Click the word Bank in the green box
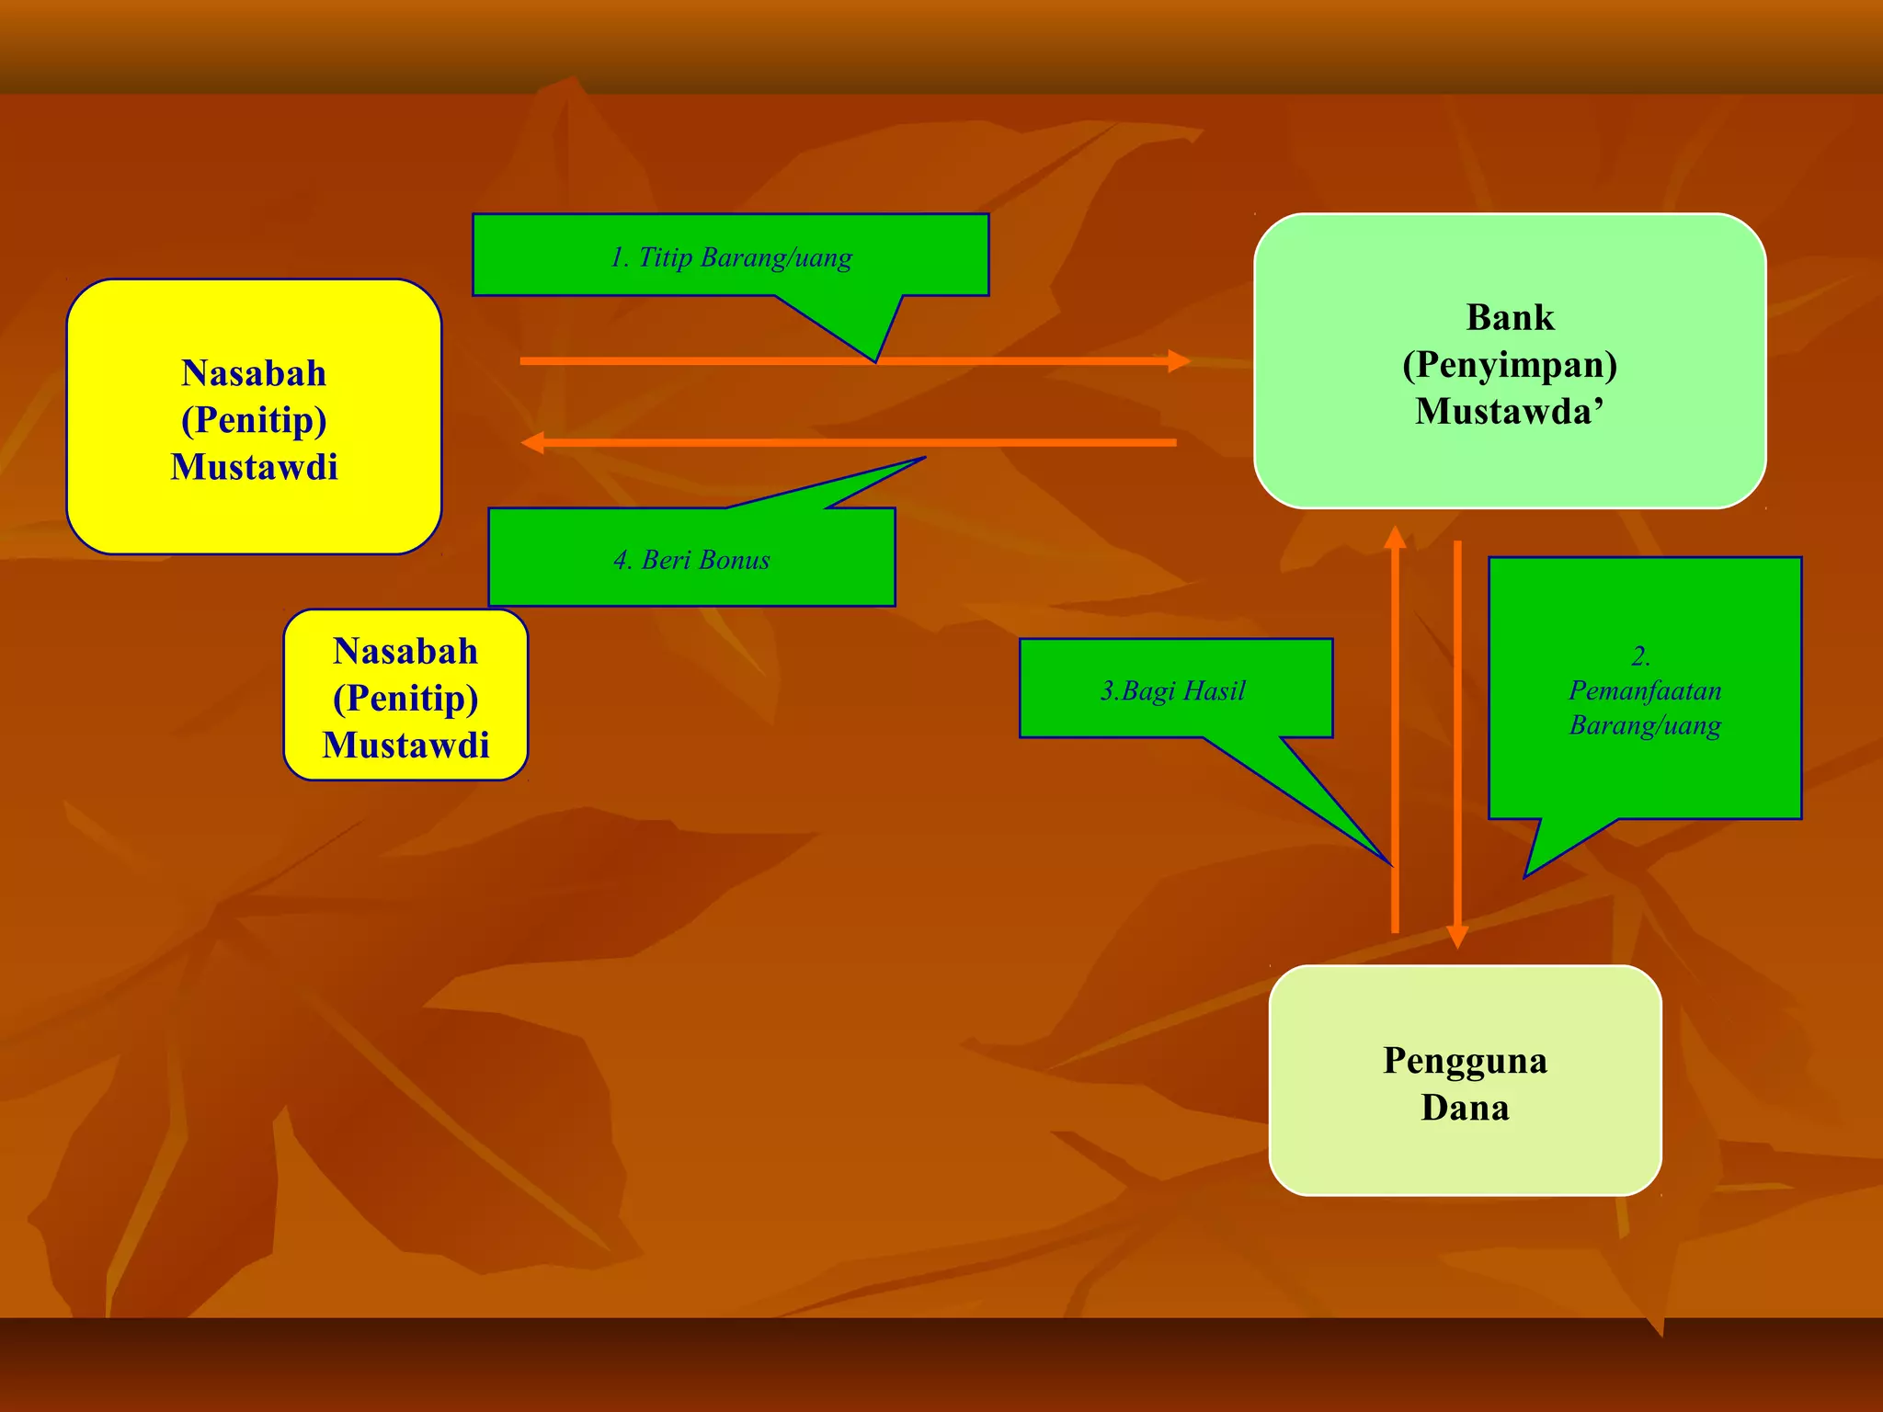(x=1510, y=318)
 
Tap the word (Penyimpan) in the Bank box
(x=1510, y=366)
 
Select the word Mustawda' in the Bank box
(x=1510, y=412)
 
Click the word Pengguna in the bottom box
(x=1465, y=1061)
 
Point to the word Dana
(x=1465, y=1108)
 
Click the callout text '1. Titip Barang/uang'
(x=731, y=257)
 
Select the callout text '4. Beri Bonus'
(x=691, y=560)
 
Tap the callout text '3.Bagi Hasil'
(x=1173, y=690)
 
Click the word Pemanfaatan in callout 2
(x=1645, y=690)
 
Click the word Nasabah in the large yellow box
(x=254, y=374)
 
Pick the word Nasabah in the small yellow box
(x=405, y=652)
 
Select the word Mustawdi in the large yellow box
(x=254, y=467)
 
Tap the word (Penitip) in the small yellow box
(x=405, y=699)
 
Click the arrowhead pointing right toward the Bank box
(x=1179, y=361)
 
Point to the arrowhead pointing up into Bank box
(x=1395, y=536)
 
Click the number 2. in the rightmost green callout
(x=1641, y=656)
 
